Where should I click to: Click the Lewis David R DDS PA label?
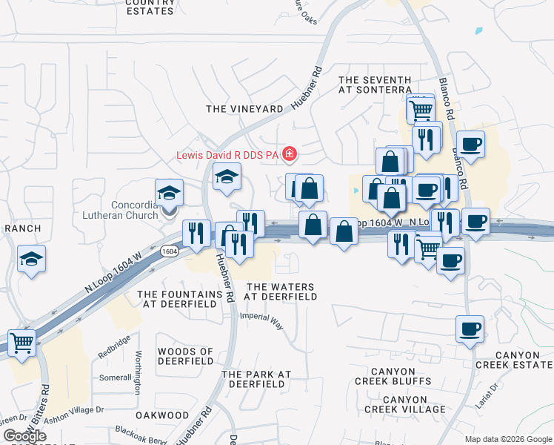[x=227, y=155]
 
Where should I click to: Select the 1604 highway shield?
[x=170, y=251]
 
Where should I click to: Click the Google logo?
[x=24, y=436]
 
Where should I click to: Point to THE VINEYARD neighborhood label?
[x=244, y=109]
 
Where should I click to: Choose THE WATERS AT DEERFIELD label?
[x=281, y=291]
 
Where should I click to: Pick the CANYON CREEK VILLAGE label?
[x=404, y=404]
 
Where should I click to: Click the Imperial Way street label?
[x=261, y=320]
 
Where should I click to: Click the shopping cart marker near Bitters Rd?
[x=22, y=343]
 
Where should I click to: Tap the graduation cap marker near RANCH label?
[x=32, y=259]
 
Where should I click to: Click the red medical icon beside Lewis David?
[x=290, y=154]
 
